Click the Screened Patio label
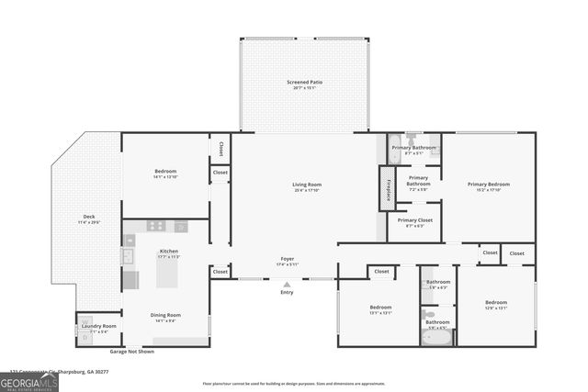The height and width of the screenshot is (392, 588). [x=304, y=83]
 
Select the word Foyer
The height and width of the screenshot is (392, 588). [x=288, y=259]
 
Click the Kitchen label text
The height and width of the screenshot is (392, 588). [x=169, y=251]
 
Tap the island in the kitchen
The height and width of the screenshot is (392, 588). [x=130, y=279]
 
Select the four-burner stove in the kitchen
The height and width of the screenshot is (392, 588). [x=155, y=225]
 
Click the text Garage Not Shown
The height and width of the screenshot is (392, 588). [x=132, y=352]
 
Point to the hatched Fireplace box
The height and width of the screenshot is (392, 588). [x=387, y=189]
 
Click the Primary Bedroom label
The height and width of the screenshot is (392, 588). [x=488, y=185]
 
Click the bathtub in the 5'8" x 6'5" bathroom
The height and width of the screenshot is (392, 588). [x=437, y=337]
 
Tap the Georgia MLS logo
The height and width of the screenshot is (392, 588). [x=29, y=381]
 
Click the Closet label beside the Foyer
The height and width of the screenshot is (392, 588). [x=220, y=272]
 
